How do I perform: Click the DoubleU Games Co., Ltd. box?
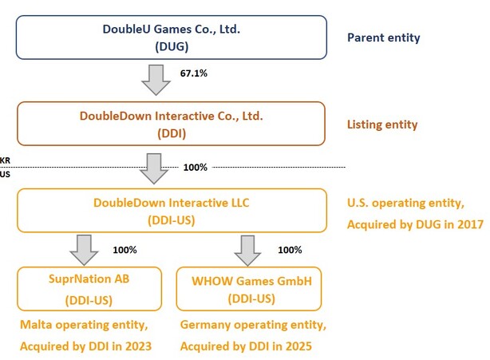pyautogui.click(x=171, y=38)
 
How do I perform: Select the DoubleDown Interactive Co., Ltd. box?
pyautogui.click(x=171, y=124)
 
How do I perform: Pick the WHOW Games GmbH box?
pyautogui.click(x=250, y=288)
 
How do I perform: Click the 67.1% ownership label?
pyautogui.click(x=196, y=73)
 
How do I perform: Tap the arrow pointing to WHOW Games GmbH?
pyautogui.click(x=247, y=249)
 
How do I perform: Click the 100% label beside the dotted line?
pyautogui.click(x=196, y=167)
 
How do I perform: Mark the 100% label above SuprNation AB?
pyautogui.click(x=124, y=250)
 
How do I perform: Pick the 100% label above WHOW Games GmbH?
pyautogui.click(x=290, y=250)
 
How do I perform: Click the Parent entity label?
pyautogui.click(x=384, y=38)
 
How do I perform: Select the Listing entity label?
pyautogui.click(x=382, y=125)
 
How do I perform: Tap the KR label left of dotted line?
pyautogui.click(x=6, y=160)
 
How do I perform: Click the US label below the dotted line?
pyautogui.click(x=6, y=173)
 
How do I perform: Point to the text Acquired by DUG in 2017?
pyautogui.click(x=415, y=225)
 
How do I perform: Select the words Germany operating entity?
pyautogui.click(x=253, y=326)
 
